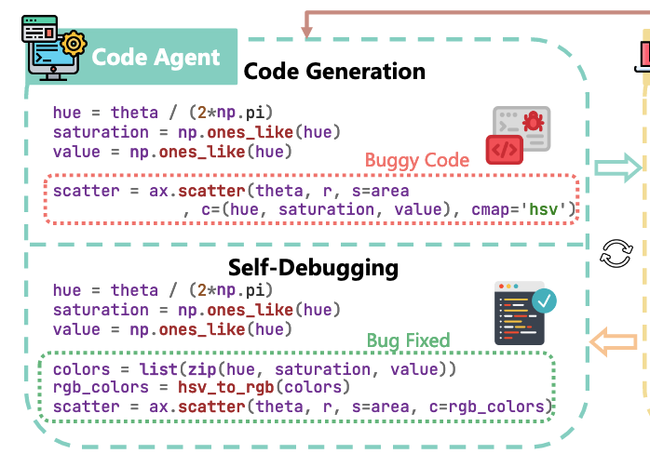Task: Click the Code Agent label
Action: pyautogui.click(x=156, y=56)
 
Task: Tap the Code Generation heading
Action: pyautogui.click(x=334, y=71)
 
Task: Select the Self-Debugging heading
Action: pyautogui.click(x=313, y=269)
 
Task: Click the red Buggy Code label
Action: pyautogui.click(x=416, y=160)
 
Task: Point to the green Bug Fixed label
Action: pyautogui.click(x=408, y=340)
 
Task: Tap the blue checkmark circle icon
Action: pyautogui.click(x=543, y=300)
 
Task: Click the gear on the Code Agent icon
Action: pyautogui.click(x=71, y=43)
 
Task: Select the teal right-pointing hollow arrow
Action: pyautogui.click(x=617, y=167)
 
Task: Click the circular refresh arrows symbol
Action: pyautogui.click(x=616, y=253)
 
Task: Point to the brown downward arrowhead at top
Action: pyautogui.click(x=306, y=34)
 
